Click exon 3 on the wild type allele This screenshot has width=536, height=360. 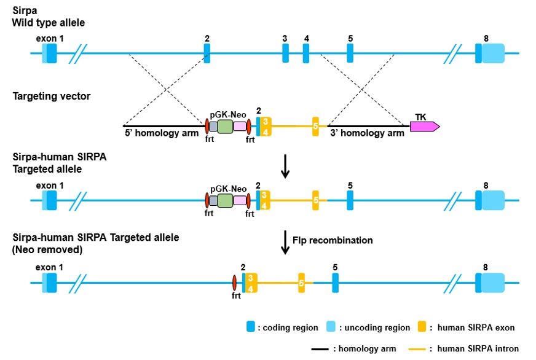pyautogui.click(x=285, y=53)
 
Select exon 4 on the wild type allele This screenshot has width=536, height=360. pyautogui.click(x=305, y=53)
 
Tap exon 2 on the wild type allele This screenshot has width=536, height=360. pyautogui.click(x=207, y=53)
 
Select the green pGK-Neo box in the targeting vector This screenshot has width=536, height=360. pyautogui.click(x=225, y=127)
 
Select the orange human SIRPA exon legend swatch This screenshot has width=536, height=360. pyautogui.click(x=422, y=327)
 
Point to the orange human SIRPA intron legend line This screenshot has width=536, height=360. pyautogui.click(x=422, y=349)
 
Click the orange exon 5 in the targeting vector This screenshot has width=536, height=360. pyautogui.click(x=315, y=127)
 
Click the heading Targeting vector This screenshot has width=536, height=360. pyautogui.click(x=51, y=96)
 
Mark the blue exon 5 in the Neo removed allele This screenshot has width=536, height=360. pyautogui.click(x=335, y=283)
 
